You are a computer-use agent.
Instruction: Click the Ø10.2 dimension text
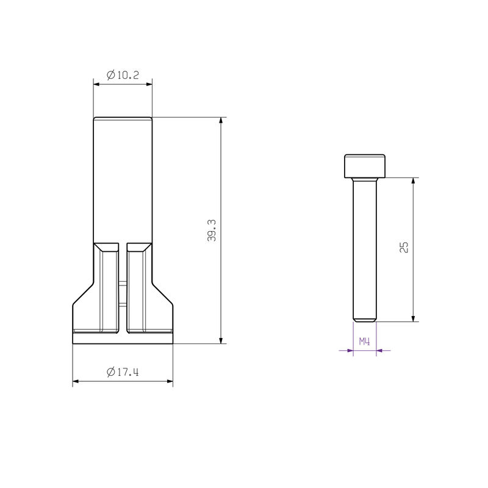point(123,75)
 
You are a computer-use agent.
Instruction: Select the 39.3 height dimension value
point(212,231)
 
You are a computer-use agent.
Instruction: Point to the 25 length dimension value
point(404,247)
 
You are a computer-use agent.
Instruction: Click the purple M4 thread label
point(365,342)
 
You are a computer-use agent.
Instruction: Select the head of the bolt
point(365,166)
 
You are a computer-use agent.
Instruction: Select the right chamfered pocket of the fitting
point(137,287)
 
